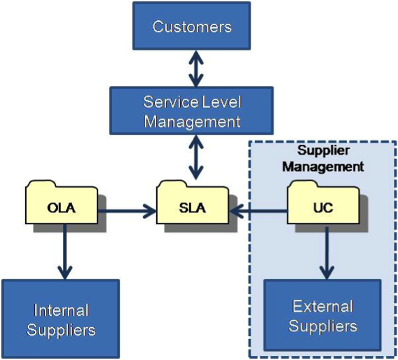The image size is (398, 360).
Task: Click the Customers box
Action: (191, 26)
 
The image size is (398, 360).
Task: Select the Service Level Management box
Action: (191, 111)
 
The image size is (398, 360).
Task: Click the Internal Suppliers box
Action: (61, 319)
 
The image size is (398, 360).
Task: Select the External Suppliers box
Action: (322, 315)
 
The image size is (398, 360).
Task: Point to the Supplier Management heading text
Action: (323, 159)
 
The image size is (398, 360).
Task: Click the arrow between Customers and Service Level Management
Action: (196, 69)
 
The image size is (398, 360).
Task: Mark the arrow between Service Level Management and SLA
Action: (196, 158)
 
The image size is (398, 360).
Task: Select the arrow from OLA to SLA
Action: (127, 211)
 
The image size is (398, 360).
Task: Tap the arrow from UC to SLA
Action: (258, 211)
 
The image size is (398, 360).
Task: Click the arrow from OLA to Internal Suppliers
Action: (65, 251)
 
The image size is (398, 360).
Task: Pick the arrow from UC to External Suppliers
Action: (327, 253)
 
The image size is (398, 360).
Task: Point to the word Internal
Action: (61, 310)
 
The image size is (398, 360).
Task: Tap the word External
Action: (323, 306)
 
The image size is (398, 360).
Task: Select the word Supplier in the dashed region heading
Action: (323, 151)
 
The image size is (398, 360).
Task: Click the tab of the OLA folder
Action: (41, 184)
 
